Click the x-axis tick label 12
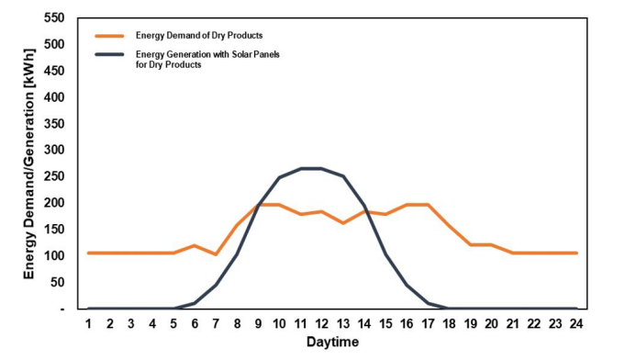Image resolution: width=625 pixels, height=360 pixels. click(x=321, y=324)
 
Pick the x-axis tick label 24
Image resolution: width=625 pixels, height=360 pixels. click(x=575, y=324)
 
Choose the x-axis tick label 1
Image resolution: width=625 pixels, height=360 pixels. click(x=89, y=324)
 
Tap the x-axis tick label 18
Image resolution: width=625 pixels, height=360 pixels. click(x=449, y=324)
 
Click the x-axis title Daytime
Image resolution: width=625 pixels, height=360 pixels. click(x=331, y=343)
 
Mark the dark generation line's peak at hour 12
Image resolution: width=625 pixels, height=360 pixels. click(x=321, y=168)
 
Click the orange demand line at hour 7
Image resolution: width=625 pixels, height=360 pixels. click(x=216, y=254)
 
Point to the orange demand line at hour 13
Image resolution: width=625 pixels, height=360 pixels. click(x=342, y=223)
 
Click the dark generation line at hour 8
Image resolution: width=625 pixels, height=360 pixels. click(x=237, y=254)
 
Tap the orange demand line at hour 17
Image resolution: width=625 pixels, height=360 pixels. click(x=428, y=205)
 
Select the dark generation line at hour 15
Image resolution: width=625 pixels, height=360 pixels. click(x=385, y=254)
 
